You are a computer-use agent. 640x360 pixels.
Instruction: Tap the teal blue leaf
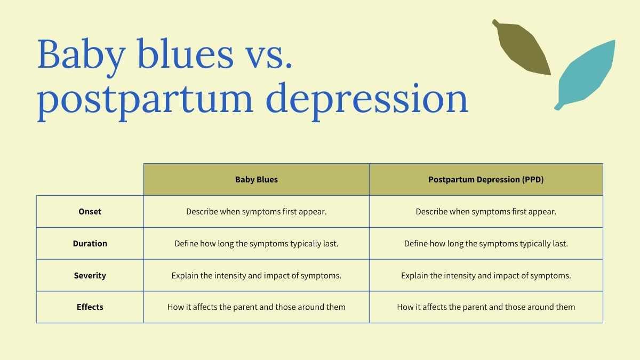click(x=586, y=74)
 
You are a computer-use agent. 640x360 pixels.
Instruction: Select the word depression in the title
click(x=367, y=101)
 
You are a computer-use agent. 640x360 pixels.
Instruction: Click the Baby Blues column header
click(x=257, y=179)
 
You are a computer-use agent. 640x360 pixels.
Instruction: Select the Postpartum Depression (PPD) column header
click(x=486, y=179)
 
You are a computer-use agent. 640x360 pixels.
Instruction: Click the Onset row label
click(x=90, y=211)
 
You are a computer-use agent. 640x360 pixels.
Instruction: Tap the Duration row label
click(x=90, y=243)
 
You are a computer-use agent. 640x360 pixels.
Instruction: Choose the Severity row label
click(x=90, y=275)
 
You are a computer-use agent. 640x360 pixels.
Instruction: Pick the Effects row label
click(x=90, y=307)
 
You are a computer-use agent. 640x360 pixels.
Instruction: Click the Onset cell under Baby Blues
click(x=257, y=211)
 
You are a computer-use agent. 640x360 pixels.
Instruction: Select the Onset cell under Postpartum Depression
click(x=486, y=211)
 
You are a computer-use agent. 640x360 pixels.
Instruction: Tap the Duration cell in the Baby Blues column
click(x=257, y=243)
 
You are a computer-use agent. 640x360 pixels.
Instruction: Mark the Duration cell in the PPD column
click(x=486, y=243)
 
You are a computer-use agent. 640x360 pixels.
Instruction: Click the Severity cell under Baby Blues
click(x=257, y=275)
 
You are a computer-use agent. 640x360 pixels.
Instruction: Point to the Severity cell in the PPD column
click(x=486, y=275)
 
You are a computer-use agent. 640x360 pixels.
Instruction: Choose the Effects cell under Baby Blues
click(x=257, y=307)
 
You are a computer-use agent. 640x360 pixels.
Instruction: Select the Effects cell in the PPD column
click(x=486, y=307)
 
